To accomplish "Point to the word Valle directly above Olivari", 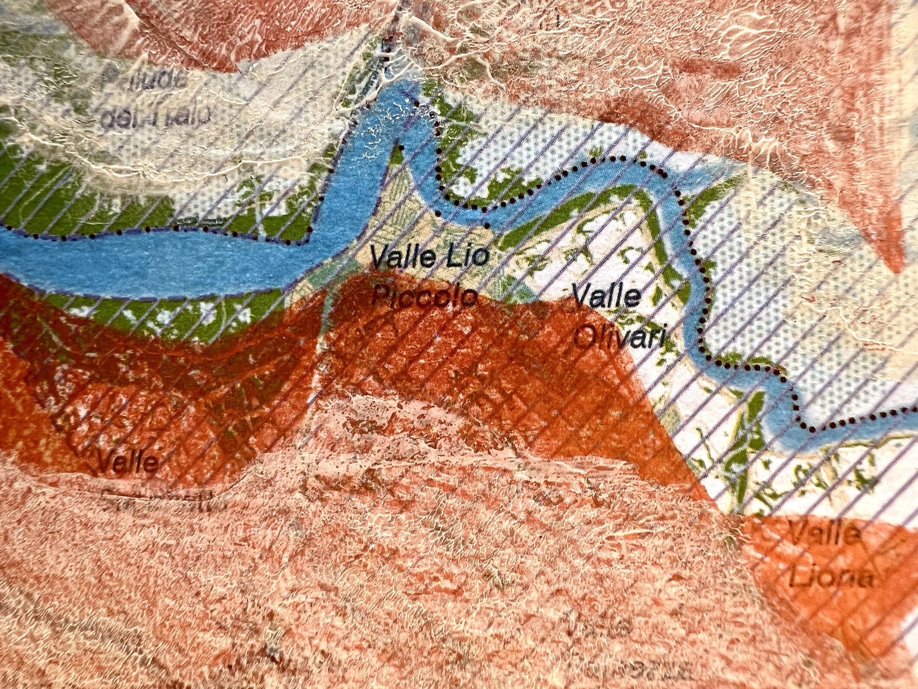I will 606,297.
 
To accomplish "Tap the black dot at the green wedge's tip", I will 401,147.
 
